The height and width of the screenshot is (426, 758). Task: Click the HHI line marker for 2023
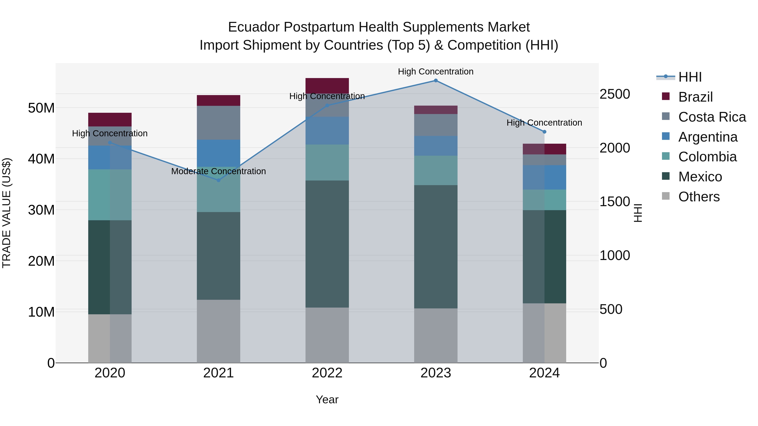(x=436, y=81)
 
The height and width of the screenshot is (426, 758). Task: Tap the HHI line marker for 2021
(x=218, y=180)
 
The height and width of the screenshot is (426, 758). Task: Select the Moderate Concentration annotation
(x=218, y=171)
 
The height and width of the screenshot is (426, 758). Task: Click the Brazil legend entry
(x=695, y=97)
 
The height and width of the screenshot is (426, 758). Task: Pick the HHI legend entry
(x=690, y=77)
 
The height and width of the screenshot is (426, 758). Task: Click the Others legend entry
(x=699, y=197)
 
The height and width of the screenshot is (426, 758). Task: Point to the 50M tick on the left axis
(x=41, y=108)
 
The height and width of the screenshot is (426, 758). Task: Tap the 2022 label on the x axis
(x=327, y=373)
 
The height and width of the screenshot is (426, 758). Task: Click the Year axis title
(x=327, y=399)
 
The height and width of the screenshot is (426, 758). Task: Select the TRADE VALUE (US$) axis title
(x=7, y=213)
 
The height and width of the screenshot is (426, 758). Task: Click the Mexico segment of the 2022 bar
(x=327, y=244)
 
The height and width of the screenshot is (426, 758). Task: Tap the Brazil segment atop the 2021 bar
(x=218, y=100)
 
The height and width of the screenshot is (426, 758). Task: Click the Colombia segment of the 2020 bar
(x=110, y=195)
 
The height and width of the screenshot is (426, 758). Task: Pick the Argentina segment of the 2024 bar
(x=544, y=177)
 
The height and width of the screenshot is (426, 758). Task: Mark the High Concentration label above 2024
(x=544, y=123)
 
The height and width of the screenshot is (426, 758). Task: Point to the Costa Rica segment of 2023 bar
(x=436, y=125)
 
